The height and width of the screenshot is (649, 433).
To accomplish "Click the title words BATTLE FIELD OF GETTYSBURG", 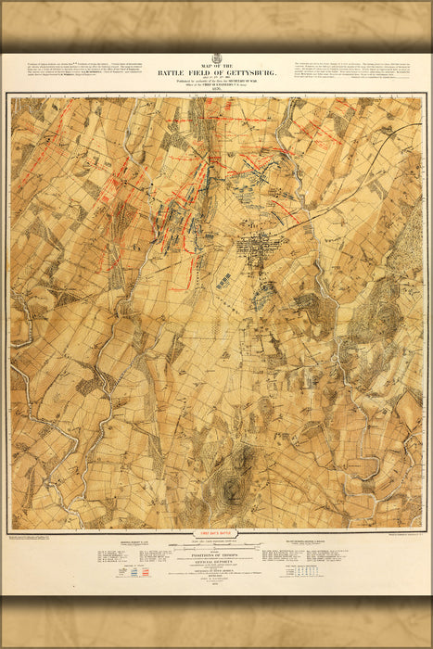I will [216, 70].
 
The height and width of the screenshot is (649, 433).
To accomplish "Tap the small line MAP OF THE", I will [216, 63].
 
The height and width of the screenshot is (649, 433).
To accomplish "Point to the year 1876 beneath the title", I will [216, 90].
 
